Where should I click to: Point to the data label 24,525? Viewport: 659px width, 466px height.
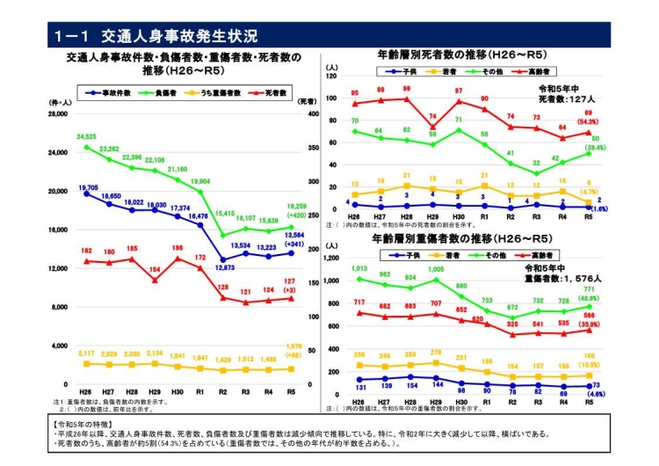coord(86,137)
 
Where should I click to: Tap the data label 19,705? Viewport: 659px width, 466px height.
coord(88,187)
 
